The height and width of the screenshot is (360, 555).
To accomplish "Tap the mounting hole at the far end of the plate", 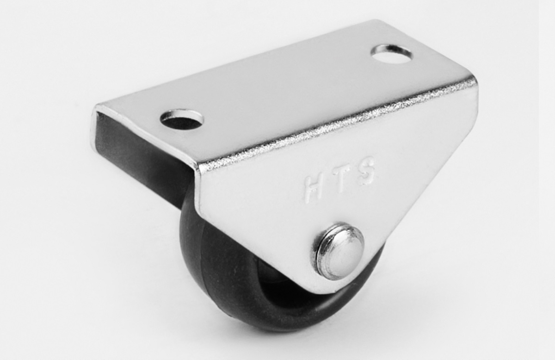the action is pos(391,54).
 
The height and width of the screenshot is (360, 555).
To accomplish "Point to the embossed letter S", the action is pos(366,171).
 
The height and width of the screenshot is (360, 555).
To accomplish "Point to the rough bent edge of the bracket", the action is pos(334,124).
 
